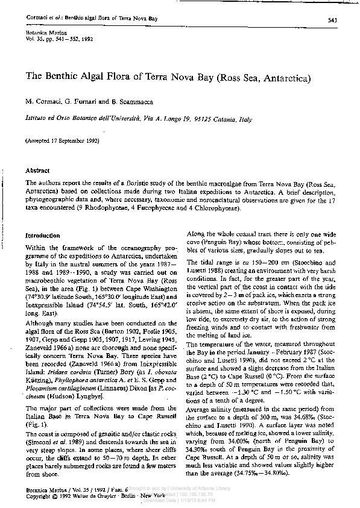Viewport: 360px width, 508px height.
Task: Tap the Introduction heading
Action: (x=42, y=236)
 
